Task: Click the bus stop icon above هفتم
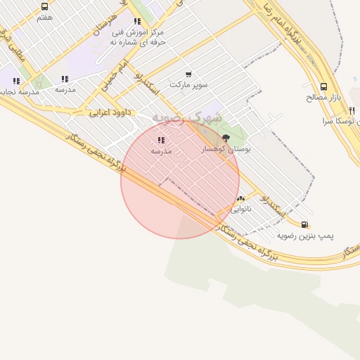tap(45, 6)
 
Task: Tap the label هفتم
tap(44, 17)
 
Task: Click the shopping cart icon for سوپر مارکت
tap(188, 75)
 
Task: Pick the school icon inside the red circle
tap(162, 141)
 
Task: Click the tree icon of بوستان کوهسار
tap(226, 138)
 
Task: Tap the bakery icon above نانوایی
tap(240, 199)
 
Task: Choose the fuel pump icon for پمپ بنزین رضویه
tap(304, 224)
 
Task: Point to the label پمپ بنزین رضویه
tap(305, 235)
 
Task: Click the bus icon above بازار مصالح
tap(323, 86)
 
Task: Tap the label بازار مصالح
tap(324, 97)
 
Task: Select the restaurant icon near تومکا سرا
tap(352, 110)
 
